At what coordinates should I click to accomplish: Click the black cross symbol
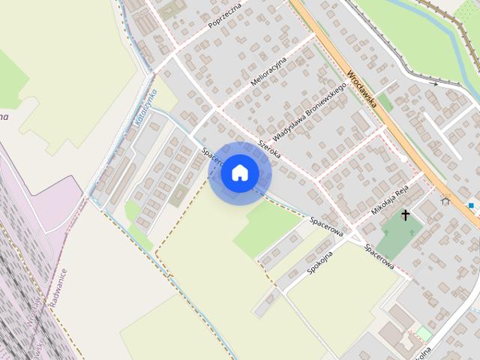pyautogui.click(x=406, y=216)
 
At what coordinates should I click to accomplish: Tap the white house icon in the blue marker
pyautogui.click(x=240, y=172)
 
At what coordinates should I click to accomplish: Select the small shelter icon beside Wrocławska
pyautogui.click(x=446, y=200)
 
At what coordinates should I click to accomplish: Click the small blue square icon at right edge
pyautogui.click(x=471, y=205)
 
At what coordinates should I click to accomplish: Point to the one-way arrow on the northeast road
pyautogui.click(x=436, y=84)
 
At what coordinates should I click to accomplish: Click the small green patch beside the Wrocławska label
pyautogui.click(x=385, y=101)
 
